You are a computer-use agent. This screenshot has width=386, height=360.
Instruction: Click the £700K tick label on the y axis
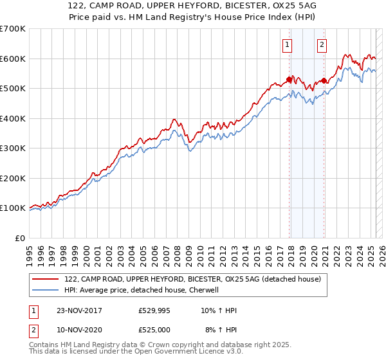click(x=12, y=29)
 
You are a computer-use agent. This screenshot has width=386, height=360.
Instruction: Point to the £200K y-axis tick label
click(x=12, y=178)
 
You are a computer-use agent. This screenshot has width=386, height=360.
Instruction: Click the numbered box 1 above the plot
click(x=286, y=45)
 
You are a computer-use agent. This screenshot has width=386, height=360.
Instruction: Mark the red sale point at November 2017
click(x=289, y=80)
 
